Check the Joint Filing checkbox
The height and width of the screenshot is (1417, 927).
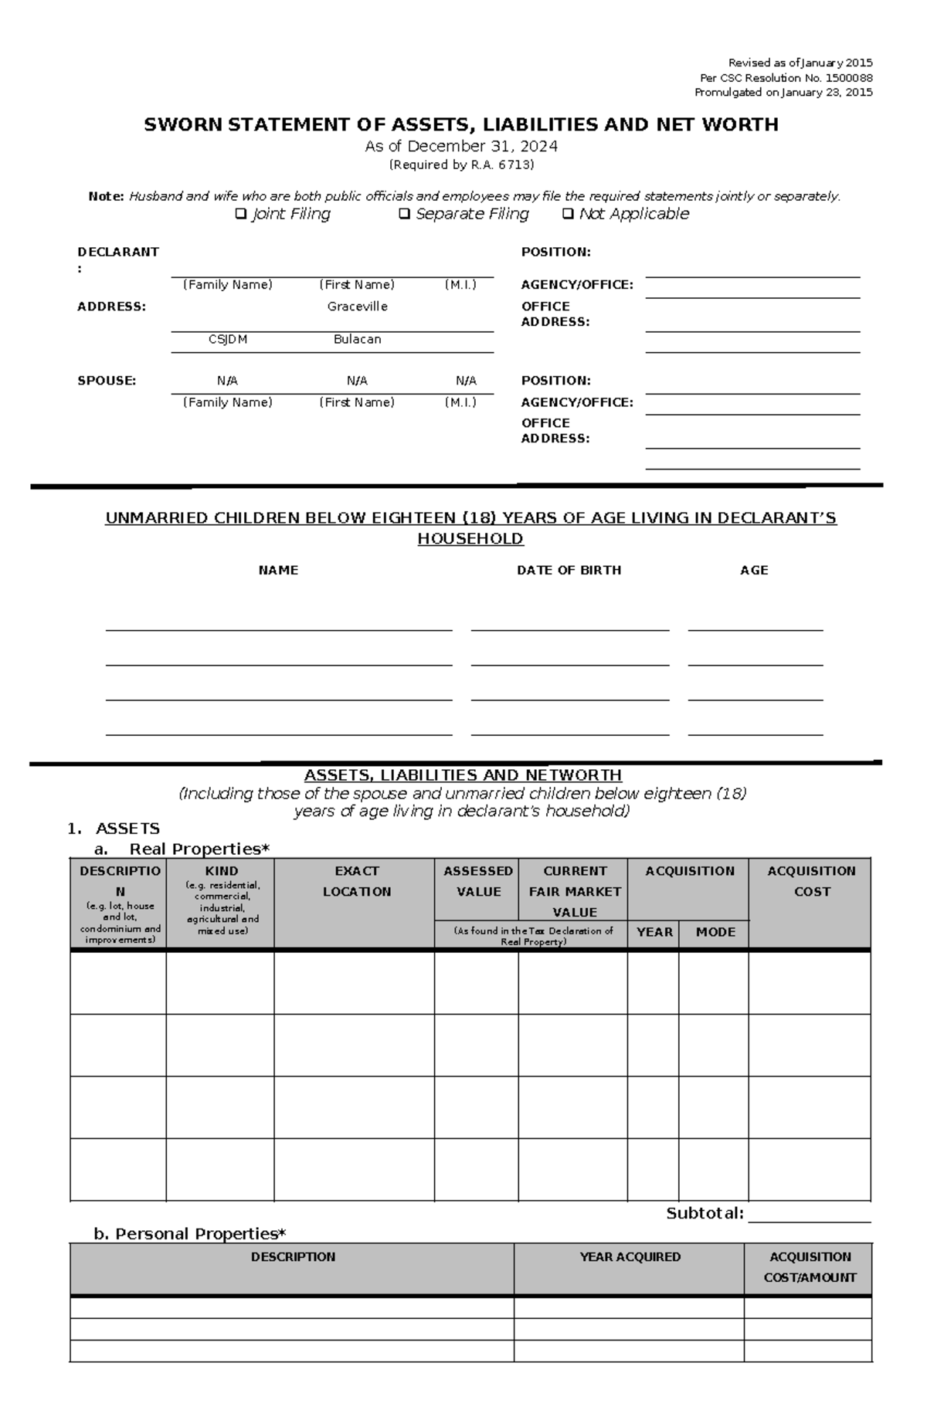(241, 214)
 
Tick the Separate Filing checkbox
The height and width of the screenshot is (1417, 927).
(404, 214)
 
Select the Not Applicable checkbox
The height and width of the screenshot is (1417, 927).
(568, 214)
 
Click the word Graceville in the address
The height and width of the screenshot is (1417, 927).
(357, 307)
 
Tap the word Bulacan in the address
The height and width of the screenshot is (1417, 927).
(357, 339)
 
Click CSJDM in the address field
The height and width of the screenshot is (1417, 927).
(228, 339)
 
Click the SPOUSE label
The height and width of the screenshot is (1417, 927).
(107, 381)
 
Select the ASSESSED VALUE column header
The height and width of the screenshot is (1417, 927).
(477, 881)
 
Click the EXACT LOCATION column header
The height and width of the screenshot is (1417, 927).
(356, 881)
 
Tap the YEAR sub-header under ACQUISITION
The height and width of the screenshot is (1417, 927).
(654, 932)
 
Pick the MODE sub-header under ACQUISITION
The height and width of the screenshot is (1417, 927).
(715, 932)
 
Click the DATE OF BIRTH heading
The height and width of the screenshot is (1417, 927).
(569, 570)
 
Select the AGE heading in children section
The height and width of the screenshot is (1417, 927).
(754, 570)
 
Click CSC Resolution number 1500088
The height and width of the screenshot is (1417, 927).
(848, 78)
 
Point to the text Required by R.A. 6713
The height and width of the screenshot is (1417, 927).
(461, 164)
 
